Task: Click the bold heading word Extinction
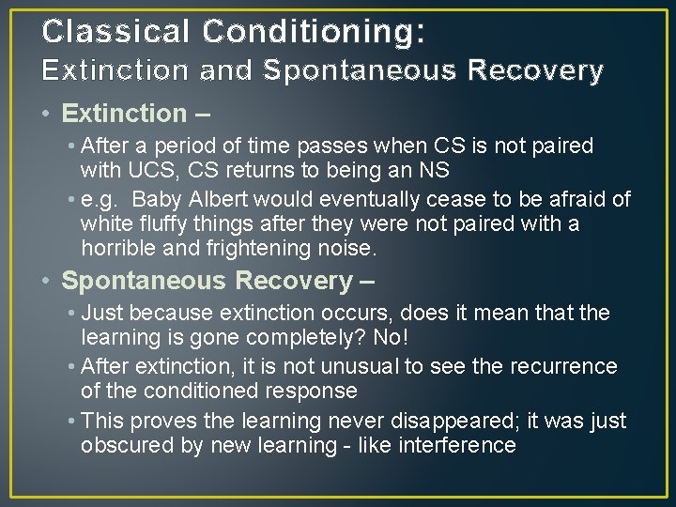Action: pyautogui.click(x=124, y=114)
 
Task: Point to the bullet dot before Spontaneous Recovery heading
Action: pyautogui.click(x=46, y=281)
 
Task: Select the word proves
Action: pyautogui.click(x=159, y=421)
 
